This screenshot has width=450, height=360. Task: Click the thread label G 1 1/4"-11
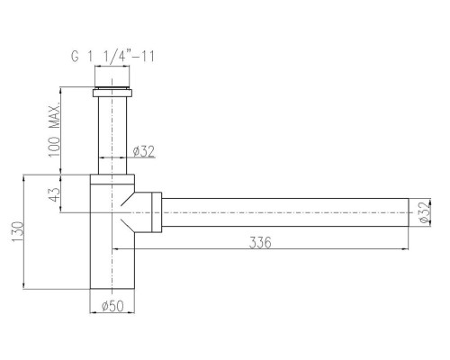click(x=112, y=57)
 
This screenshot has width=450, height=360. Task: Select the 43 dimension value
click(x=54, y=194)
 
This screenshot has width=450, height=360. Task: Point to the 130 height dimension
click(x=17, y=232)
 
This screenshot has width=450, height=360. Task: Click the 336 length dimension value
click(x=260, y=242)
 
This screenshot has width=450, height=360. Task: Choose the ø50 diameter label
click(x=112, y=306)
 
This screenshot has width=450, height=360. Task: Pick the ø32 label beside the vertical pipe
click(x=144, y=151)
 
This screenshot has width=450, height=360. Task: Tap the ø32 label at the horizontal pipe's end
click(x=424, y=212)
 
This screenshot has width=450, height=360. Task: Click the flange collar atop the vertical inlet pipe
click(x=112, y=93)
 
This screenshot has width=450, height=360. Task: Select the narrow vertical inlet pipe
click(x=112, y=136)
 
